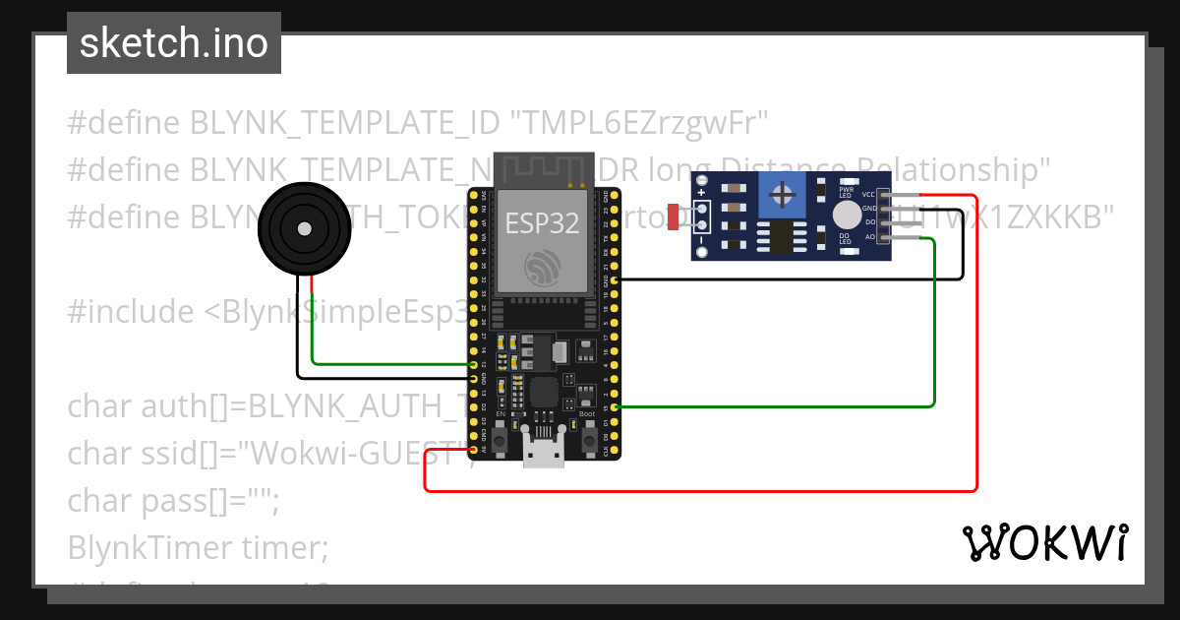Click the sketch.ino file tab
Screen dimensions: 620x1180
point(173,43)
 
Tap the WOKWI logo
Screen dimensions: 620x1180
point(1043,542)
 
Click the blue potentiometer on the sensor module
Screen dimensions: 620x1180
point(783,195)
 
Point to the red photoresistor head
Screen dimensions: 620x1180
point(673,217)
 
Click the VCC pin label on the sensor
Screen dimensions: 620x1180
point(868,195)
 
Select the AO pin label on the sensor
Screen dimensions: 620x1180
point(869,237)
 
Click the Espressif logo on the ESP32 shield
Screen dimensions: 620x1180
point(543,268)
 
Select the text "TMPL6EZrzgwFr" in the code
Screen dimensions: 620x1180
point(644,123)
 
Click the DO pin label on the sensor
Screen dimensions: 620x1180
point(869,223)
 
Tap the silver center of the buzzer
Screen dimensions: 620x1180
point(304,229)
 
